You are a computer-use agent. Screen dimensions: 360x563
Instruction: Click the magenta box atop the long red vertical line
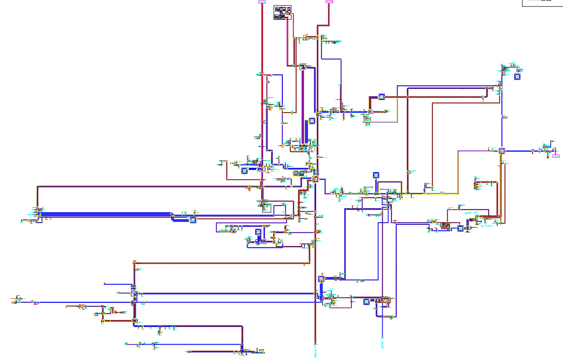point(262,2)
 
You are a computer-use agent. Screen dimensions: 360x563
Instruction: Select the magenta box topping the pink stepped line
point(329,2)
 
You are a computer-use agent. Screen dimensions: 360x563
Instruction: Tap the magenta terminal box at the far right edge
point(556,156)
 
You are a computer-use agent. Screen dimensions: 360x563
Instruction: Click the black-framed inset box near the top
point(282,12)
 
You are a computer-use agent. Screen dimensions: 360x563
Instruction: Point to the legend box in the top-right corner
point(542,3)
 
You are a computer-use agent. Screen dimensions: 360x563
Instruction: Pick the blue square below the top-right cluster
point(517,77)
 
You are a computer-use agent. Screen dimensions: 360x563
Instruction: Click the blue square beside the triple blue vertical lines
point(312,120)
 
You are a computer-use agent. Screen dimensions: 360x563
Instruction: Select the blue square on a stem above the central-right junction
point(376,175)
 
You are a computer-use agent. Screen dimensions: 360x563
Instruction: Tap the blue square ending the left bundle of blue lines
point(193,220)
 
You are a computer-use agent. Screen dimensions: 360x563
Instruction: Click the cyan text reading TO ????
point(486,226)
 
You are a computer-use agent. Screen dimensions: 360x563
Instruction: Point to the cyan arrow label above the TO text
point(472,213)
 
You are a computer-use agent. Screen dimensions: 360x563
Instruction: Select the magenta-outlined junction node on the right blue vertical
point(501,151)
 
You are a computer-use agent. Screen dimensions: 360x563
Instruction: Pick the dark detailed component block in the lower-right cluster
point(445,226)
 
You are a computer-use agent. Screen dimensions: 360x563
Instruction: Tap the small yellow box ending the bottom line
point(262,351)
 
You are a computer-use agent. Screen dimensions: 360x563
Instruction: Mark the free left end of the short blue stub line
point(105,283)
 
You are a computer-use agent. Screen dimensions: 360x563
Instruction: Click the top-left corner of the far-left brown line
point(37,187)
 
